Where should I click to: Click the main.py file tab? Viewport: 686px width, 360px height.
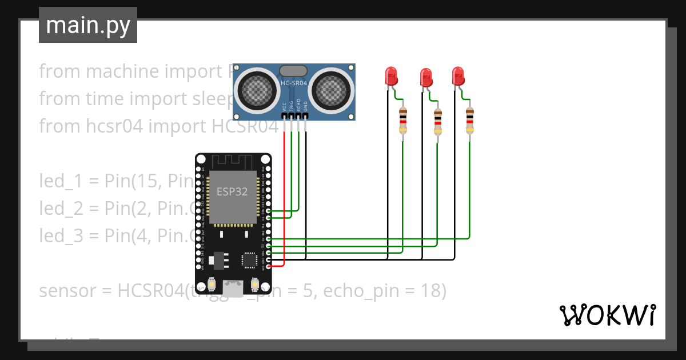coord(88,25)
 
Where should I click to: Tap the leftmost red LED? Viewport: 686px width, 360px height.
coord(391,76)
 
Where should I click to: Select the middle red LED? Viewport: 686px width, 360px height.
coord(426,77)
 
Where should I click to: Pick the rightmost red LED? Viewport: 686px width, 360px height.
coord(458,76)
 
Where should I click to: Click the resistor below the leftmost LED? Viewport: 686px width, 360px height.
coord(403,123)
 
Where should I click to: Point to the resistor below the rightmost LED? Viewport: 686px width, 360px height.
coord(470,122)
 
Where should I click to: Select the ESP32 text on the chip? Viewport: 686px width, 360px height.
coord(232,191)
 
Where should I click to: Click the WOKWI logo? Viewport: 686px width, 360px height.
coord(607,315)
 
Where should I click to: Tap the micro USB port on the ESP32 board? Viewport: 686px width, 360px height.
coord(233,289)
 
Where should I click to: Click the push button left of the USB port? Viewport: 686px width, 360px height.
coord(212,284)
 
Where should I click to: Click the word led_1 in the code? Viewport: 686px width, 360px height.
coord(58,181)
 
